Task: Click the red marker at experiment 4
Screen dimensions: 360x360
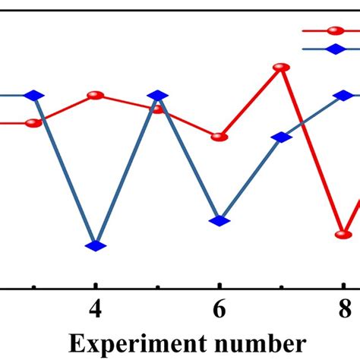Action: pos(95,95)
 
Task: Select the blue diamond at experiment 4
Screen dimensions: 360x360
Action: pos(95,245)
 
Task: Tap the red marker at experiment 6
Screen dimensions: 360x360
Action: pos(219,137)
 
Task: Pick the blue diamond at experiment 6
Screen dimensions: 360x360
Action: pos(219,220)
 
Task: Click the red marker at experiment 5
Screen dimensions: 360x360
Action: pos(157,109)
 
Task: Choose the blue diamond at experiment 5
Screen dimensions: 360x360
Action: pos(157,95)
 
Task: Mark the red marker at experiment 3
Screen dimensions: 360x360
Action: pos(33,123)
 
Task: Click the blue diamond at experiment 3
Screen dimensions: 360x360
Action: pos(33,95)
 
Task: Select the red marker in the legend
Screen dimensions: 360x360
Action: pos(333,31)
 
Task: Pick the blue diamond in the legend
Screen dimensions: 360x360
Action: pos(333,49)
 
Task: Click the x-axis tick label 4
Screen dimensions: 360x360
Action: pos(95,311)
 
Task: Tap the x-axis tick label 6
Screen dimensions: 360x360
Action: pos(219,311)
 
